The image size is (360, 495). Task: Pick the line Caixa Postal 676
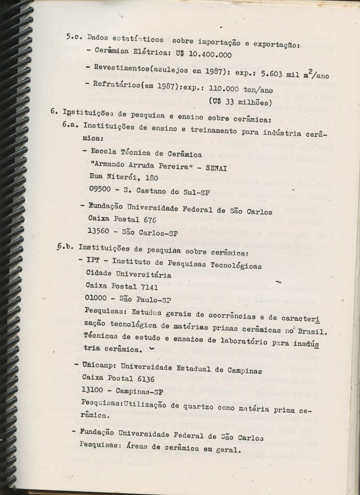pyautogui.click(x=122, y=219)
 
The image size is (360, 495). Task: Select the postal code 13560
pyautogui.click(x=100, y=232)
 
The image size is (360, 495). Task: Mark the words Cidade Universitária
pyautogui.click(x=128, y=275)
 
